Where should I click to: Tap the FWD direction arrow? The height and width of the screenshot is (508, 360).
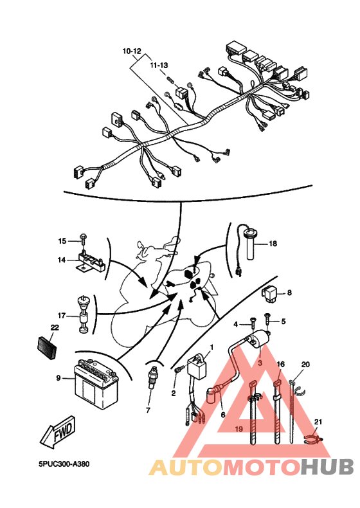pyautogui.click(x=59, y=433)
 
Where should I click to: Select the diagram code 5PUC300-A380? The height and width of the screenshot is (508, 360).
pyautogui.click(x=64, y=464)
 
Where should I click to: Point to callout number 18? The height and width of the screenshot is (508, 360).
pyautogui.click(x=273, y=243)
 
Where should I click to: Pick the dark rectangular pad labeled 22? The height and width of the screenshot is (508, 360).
pyautogui.click(x=47, y=348)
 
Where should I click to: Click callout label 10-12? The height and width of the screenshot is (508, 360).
pyautogui.click(x=132, y=51)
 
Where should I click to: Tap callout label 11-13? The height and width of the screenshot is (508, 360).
pyautogui.click(x=159, y=65)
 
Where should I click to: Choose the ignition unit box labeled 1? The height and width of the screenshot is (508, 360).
pyautogui.click(x=197, y=367)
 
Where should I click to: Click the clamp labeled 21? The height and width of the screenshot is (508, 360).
pyautogui.click(x=314, y=439)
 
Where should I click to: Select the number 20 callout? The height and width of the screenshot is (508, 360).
pyautogui.click(x=305, y=365)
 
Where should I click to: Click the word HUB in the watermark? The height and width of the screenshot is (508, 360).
pyautogui.click(x=327, y=467)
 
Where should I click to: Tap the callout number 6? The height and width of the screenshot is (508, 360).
pyautogui.click(x=223, y=415)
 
